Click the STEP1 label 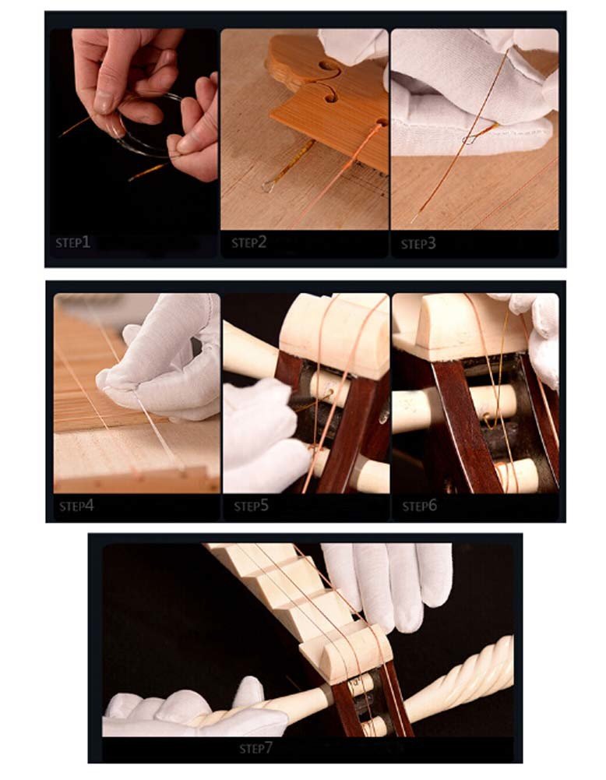pyautogui.click(x=72, y=242)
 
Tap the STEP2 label pyautogui.click(x=248, y=242)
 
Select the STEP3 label pyautogui.click(x=418, y=243)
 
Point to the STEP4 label pyautogui.click(x=76, y=506)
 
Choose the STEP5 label pyautogui.click(x=251, y=506)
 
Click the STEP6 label pyautogui.click(x=420, y=506)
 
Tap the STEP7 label pyautogui.click(x=256, y=748)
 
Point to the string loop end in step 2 pyautogui.click(x=269, y=186)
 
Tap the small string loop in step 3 pyautogui.click(x=469, y=139)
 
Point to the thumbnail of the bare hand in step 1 pyautogui.click(x=104, y=102)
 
